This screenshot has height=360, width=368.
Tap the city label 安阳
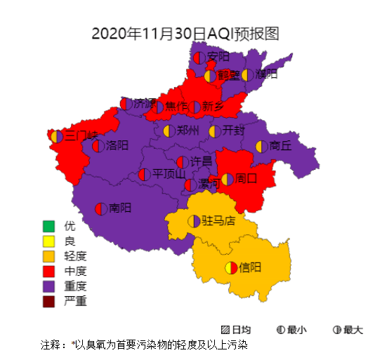(218, 56)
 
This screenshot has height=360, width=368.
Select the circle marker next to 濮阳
(247, 74)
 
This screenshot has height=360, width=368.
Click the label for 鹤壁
(228, 74)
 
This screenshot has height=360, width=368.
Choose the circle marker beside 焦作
(158, 107)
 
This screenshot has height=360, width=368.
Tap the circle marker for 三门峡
(56, 135)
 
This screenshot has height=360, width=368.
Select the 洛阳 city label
(117, 146)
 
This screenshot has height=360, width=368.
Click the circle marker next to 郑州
(169, 131)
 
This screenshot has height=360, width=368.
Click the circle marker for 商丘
(261, 146)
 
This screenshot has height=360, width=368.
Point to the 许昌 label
(202, 161)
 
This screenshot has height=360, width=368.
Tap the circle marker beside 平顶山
(144, 174)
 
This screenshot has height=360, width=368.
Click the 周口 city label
(247, 179)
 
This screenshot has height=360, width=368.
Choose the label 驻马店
(218, 221)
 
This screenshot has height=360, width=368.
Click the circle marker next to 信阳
(230, 267)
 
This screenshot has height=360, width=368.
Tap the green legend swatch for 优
(48, 227)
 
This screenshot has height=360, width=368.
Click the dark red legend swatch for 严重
(48, 302)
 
